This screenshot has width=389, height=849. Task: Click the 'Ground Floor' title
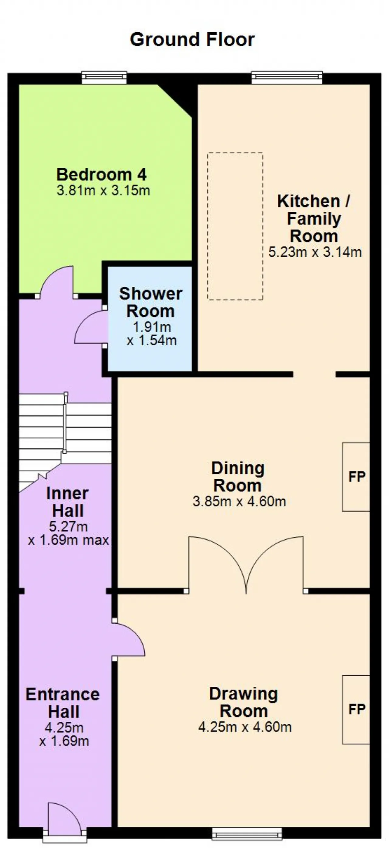point(192,39)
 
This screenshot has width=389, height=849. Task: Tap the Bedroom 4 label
point(102,174)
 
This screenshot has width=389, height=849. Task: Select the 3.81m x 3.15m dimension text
point(103,190)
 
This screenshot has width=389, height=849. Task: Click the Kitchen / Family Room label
point(314,219)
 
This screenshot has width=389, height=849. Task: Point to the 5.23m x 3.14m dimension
point(315,252)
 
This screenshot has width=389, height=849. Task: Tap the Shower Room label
point(151,303)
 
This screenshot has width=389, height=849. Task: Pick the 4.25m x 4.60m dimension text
point(245,727)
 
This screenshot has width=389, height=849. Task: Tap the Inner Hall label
point(67,502)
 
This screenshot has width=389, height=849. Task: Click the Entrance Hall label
point(63,703)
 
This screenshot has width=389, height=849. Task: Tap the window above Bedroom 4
point(104,78)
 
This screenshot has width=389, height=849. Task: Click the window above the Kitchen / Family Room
point(287,78)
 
